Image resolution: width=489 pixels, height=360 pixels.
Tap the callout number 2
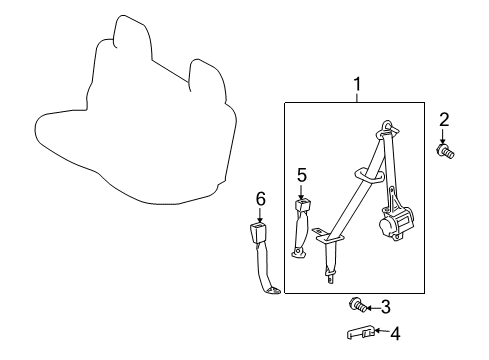point(444,120)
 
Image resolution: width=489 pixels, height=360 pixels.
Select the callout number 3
point(384,308)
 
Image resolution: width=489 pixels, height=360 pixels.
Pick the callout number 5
point(301,175)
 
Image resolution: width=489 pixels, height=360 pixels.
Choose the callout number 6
point(260,199)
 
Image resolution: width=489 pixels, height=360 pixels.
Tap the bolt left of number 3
point(355,304)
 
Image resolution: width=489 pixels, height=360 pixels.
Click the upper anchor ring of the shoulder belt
point(385,130)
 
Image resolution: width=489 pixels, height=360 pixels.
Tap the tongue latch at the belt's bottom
point(329,271)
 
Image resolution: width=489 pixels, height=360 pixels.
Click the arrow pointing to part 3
point(369,308)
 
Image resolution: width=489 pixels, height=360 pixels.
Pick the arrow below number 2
point(444,136)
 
